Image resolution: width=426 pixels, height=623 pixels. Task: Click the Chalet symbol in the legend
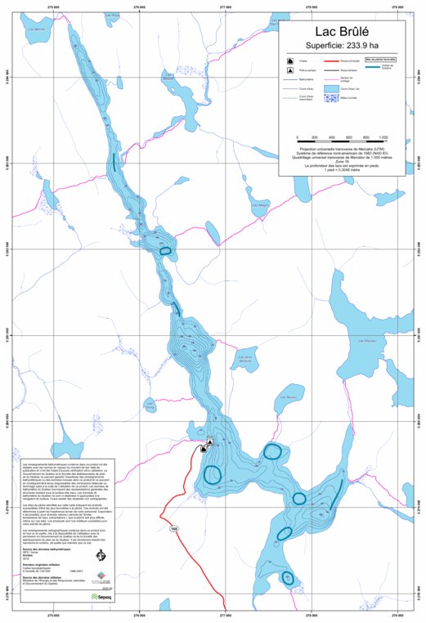[290, 62]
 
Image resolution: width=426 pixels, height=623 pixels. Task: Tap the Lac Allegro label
[262, 204]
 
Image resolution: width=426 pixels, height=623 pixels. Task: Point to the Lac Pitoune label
[366, 340]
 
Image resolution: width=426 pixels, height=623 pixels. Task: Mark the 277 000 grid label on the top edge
[226, 8]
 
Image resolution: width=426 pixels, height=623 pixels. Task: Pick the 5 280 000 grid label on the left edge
[8, 424]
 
